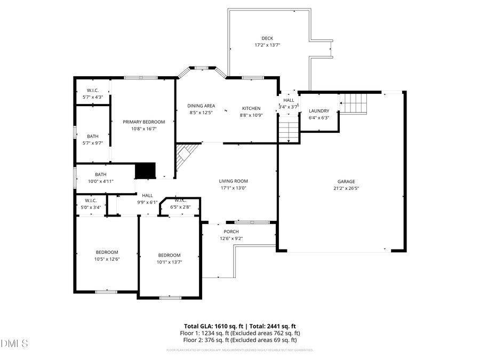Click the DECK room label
[267, 38]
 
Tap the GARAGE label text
[346, 181]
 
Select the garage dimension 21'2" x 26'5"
[346, 188]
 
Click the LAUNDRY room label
[319, 111]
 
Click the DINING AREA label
[201, 106]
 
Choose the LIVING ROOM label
[234, 181]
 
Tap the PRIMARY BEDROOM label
[144, 122]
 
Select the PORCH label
[231, 231]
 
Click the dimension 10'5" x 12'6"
[107, 259]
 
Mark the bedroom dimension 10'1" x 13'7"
[170, 262]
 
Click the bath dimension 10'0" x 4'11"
[101, 181]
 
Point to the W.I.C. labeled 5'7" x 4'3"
[93, 97]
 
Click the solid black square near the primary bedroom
[145, 171]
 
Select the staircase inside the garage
[354, 103]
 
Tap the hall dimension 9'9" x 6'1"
[147, 202]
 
